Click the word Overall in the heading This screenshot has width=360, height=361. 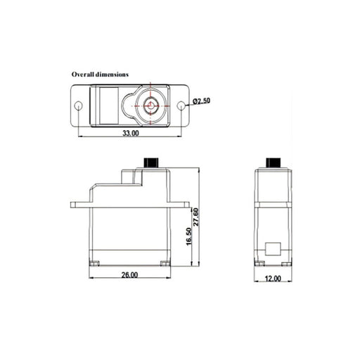(x=83, y=73)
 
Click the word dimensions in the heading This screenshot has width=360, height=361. (x=112, y=73)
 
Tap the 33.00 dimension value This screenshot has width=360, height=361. (x=131, y=132)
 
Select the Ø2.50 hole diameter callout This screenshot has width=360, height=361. (x=200, y=101)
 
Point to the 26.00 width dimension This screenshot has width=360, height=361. (x=129, y=275)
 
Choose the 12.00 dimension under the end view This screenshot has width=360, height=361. (x=273, y=278)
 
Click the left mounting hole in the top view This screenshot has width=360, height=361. (x=79, y=106)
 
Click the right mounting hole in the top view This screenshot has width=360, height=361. (x=181, y=106)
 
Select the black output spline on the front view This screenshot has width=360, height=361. (x=150, y=161)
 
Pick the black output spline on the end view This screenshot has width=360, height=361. (x=273, y=161)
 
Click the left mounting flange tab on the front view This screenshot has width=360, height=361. (x=79, y=205)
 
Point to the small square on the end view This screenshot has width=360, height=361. (x=273, y=250)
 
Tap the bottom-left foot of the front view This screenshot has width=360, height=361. (x=94, y=264)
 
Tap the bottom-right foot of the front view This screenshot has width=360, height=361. (x=165, y=264)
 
